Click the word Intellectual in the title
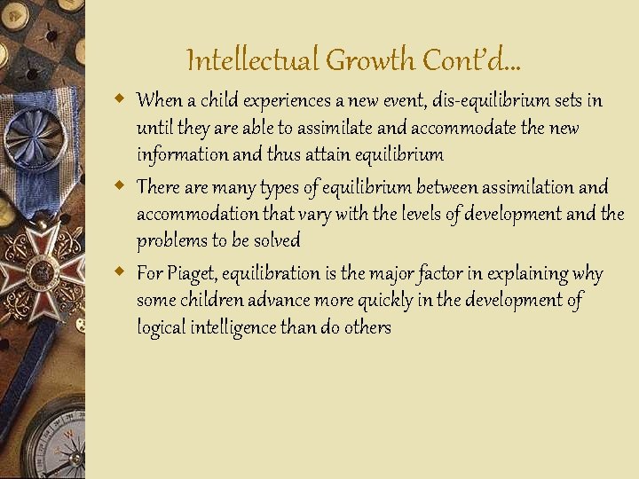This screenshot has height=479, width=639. (x=253, y=60)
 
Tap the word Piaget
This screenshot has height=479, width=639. (x=189, y=273)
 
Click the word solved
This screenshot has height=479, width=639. (x=276, y=240)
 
